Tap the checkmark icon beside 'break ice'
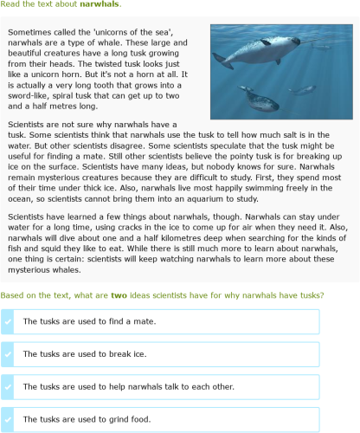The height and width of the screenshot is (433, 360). point(8,354)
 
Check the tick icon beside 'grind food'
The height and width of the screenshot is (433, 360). point(8,419)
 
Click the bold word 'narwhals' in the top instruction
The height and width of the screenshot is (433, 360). point(99,4)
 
